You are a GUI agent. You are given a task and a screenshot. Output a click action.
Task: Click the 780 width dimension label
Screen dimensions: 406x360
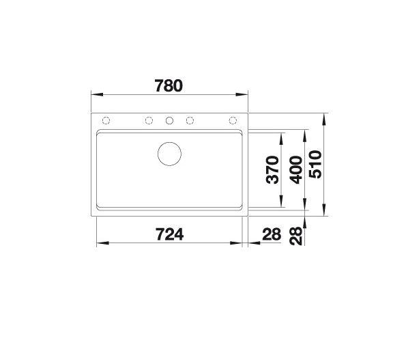click(169, 86)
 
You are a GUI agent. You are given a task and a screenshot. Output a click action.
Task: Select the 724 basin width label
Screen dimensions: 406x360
click(170, 234)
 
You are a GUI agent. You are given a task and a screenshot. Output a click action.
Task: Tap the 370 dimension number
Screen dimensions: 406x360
click(273, 170)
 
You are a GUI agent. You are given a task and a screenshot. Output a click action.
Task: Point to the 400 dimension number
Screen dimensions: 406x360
click(296, 170)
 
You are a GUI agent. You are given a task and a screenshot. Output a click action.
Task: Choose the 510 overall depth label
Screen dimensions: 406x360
click(315, 165)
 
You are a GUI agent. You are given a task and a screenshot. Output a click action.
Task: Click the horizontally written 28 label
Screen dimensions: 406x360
click(272, 234)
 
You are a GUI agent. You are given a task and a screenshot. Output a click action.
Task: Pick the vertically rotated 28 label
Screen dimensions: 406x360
click(296, 236)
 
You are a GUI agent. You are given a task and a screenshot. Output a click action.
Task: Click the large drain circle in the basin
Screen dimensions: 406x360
click(170, 154)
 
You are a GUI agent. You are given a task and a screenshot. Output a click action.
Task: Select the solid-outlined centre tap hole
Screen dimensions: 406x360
click(170, 120)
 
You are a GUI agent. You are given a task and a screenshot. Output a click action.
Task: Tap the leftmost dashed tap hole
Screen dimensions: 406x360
click(106, 120)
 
